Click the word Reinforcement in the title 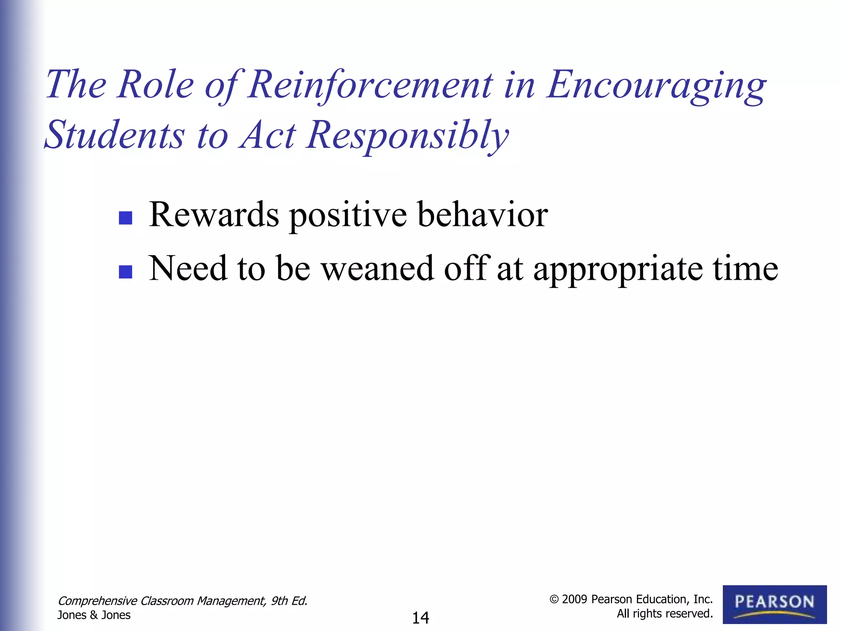[x=370, y=85]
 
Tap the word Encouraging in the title [x=656, y=85]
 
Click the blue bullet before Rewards [x=125, y=218]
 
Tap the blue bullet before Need [x=125, y=272]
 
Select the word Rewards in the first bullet [x=214, y=214]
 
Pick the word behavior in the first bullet [x=483, y=214]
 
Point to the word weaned [x=377, y=268]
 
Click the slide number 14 [x=420, y=618]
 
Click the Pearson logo [x=774, y=604]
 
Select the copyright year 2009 [x=574, y=599]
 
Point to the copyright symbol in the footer [x=554, y=600]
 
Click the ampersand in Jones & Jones [x=94, y=615]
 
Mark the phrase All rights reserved [x=664, y=614]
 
